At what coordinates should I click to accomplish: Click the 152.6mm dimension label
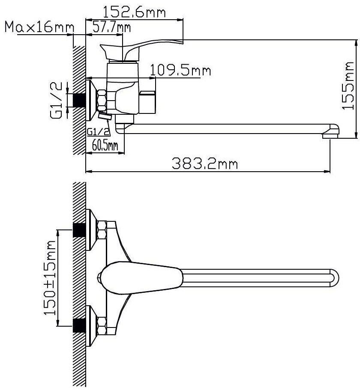134,12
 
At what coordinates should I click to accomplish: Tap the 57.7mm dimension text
111,27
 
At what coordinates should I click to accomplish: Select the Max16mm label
39,27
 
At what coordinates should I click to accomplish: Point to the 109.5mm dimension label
180,70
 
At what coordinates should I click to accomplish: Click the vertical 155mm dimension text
348,86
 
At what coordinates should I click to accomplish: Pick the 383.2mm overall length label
205,164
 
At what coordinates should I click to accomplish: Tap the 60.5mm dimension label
105,145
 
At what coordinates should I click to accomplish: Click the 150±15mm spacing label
50,278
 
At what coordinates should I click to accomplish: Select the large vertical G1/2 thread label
56,101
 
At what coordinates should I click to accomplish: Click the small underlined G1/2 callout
98,132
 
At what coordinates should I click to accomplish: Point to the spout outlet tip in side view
330,136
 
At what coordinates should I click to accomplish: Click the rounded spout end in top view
335,278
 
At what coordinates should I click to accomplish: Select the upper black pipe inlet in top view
79,230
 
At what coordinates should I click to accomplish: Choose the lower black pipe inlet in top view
79,326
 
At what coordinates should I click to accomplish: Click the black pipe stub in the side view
79,101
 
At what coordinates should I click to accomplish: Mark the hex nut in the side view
102,101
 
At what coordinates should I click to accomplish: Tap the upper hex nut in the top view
102,230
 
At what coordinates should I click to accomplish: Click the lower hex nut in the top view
102,326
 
